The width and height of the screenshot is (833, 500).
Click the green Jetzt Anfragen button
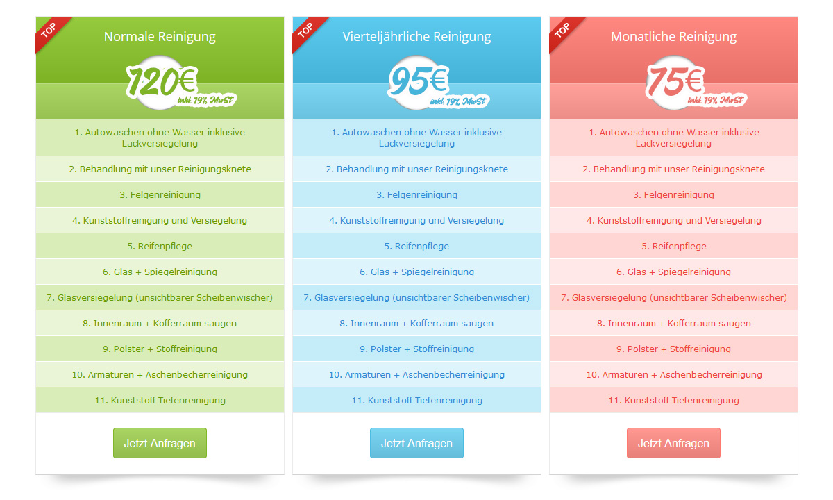tap(160, 443)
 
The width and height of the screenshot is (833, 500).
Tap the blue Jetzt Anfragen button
tap(416, 443)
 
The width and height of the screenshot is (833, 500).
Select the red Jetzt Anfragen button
tap(673, 443)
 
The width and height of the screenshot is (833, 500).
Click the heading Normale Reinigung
tap(160, 36)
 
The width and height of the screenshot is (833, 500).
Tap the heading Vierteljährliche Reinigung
tap(416, 36)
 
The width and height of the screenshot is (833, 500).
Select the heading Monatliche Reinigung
tap(673, 36)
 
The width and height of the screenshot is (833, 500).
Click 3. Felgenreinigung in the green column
tap(160, 194)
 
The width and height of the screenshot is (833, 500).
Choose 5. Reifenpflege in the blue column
tap(416, 246)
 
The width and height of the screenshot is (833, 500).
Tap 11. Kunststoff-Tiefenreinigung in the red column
tap(673, 400)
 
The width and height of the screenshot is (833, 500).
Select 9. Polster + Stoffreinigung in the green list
tap(160, 349)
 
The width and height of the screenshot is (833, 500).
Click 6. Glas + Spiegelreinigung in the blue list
tap(416, 272)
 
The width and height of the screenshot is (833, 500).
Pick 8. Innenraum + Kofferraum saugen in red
tap(673, 324)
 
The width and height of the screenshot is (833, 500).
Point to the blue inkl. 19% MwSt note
tap(458, 101)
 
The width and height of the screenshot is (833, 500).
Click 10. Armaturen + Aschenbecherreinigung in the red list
tap(673, 374)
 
